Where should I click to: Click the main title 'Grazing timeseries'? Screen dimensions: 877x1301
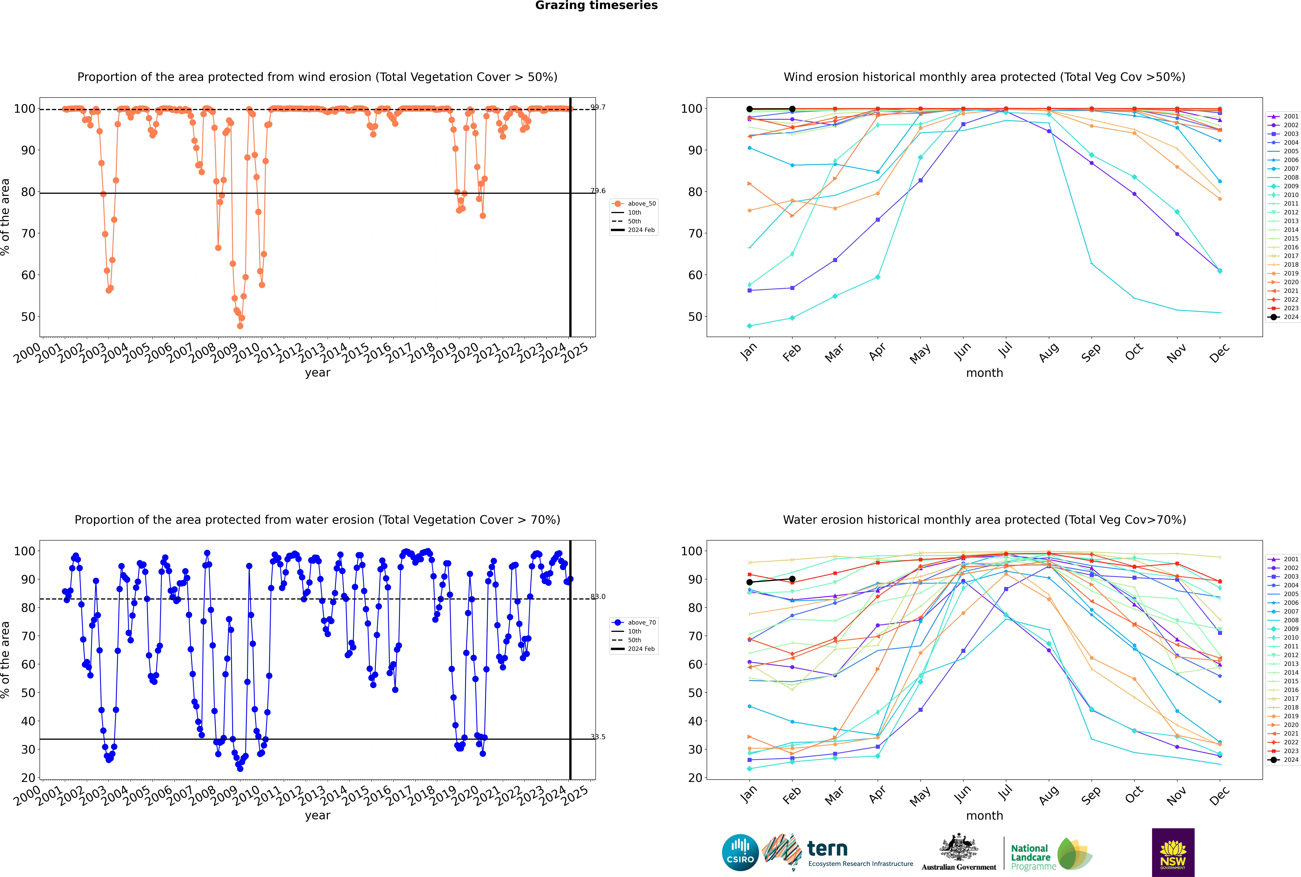click(596, 6)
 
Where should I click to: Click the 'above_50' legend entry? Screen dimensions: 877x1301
click(641, 204)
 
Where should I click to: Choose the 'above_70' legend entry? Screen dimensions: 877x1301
click(641, 623)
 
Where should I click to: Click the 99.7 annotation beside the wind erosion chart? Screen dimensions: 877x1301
click(598, 107)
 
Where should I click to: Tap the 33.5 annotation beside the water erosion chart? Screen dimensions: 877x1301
click(598, 737)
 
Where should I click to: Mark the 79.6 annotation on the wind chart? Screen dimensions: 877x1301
click(598, 191)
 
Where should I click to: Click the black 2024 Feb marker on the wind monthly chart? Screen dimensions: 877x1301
click(792, 109)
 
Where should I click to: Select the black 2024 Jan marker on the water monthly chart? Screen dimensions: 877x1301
click(750, 582)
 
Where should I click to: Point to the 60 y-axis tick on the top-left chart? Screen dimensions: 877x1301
click(28, 275)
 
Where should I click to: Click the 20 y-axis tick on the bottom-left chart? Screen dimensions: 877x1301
click(28, 778)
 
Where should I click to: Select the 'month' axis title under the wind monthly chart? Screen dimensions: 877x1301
click(984, 373)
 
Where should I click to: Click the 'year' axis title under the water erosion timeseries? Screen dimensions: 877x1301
click(318, 816)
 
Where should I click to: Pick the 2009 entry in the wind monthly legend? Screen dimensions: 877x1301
click(1291, 186)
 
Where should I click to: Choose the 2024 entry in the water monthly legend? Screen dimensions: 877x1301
click(1291, 760)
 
